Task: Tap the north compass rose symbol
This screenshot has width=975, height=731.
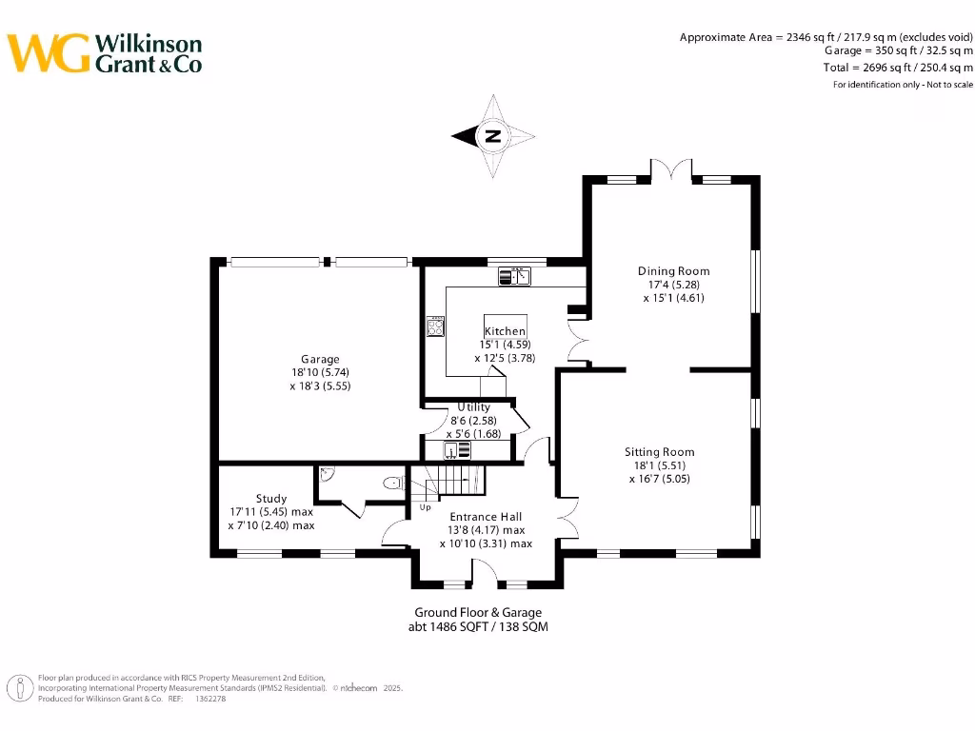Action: [492, 136]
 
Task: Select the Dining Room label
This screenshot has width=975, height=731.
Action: [673, 271]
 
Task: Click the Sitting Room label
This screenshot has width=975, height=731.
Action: [659, 452]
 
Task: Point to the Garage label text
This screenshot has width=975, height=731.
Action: [321, 359]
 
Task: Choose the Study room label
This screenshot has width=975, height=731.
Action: [270, 499]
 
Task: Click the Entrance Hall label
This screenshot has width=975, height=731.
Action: [486, 517]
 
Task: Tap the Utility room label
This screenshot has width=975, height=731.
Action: [474, 407]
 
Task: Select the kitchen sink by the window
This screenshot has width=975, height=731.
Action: [514, 277]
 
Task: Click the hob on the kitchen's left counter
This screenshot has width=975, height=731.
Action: [436, 326]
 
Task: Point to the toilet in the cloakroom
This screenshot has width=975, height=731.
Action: [391, 484]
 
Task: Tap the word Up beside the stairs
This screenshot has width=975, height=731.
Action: [425, 507]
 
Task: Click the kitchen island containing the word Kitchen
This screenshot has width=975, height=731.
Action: [505, 331]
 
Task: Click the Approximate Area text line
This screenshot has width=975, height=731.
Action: [826, 37]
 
